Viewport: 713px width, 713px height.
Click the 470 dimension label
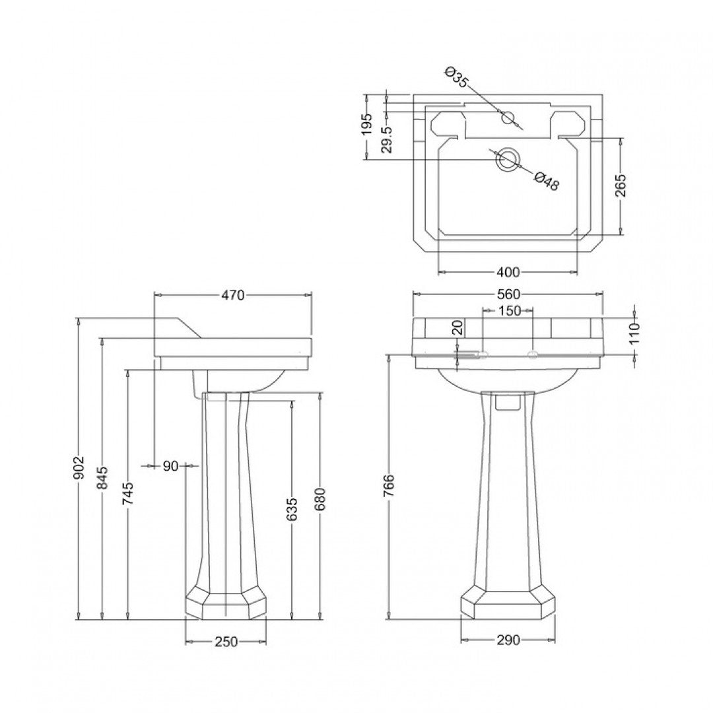[233, 295]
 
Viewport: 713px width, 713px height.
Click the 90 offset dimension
[170, 466]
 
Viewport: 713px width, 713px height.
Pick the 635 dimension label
[292, 509]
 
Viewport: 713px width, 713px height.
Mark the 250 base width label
[226, 641]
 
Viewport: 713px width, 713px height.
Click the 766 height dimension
[389, 485]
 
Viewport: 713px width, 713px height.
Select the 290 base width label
[508, 640]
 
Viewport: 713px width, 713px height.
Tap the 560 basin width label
[508, 294]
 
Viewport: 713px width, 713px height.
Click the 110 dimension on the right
[634, 334]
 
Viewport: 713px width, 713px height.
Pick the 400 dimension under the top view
[508, 272]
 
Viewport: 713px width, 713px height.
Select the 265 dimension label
[621, 186]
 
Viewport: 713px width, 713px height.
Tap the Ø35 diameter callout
[456, 78]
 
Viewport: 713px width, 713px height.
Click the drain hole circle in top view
[508, 159]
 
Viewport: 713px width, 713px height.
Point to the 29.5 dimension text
[388, 140]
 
